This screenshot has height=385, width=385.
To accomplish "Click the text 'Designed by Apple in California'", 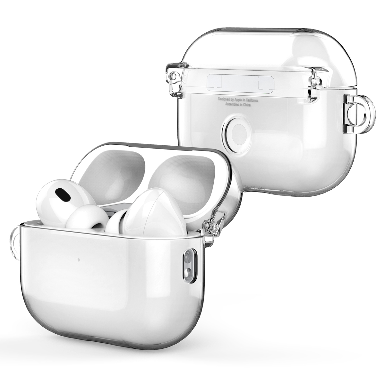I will pos(238,100).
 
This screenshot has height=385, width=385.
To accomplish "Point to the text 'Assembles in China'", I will pos(238,105).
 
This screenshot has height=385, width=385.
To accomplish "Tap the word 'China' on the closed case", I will pos(247,105).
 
